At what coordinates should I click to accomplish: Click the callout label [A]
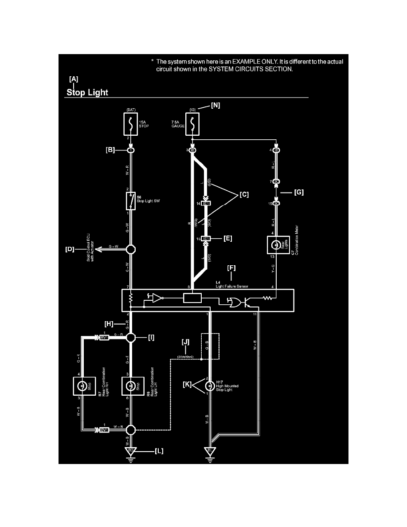click(74, 79)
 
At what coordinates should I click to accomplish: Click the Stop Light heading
click(87, 93)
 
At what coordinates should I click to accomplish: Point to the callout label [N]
click(215, 106)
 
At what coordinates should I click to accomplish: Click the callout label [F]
click(231, 268)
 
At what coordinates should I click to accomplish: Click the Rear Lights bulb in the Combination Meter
click(276, 244)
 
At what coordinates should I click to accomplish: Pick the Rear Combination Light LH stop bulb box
click(131, 386)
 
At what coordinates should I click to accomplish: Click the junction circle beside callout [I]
click(131, 338)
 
